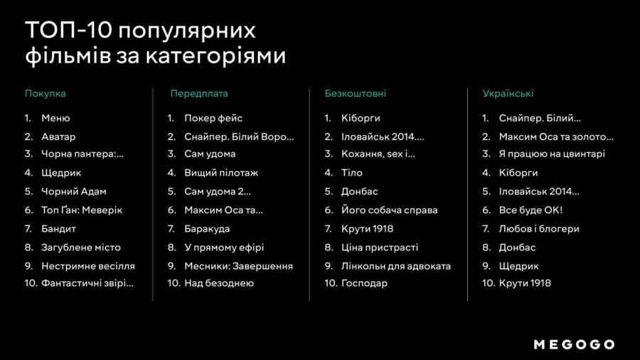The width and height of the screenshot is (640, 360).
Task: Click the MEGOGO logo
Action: (574, 344)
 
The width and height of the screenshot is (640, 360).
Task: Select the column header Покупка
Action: (46, 93)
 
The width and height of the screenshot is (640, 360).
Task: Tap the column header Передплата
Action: (199, 93)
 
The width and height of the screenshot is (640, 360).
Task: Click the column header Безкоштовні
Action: (355, 93)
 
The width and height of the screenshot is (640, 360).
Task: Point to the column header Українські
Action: (508, 93)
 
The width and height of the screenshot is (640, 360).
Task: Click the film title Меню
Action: (55, 118)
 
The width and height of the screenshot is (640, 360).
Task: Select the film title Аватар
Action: (58, 137)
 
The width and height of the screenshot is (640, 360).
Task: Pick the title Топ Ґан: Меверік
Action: (82, 210)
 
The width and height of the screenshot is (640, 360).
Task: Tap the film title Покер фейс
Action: (213, 118)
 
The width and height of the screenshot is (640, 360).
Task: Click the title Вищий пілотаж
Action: (221, 173)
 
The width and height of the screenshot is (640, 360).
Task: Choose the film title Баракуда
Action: (207, 229)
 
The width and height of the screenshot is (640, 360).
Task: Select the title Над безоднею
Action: (219, 283)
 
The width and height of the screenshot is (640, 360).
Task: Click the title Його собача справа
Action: (390, 210)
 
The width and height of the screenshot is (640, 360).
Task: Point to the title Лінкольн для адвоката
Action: (396, 266)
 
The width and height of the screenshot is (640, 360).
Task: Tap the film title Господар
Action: (364, 283)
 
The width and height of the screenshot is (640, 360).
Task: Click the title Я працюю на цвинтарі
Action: (552, 154)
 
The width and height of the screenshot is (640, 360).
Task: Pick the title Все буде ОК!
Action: (530, 210)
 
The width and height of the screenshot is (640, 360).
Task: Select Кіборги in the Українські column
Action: (518, 173)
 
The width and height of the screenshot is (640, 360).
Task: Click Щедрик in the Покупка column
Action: (61, 173)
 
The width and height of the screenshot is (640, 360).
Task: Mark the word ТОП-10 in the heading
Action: (68, 31)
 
